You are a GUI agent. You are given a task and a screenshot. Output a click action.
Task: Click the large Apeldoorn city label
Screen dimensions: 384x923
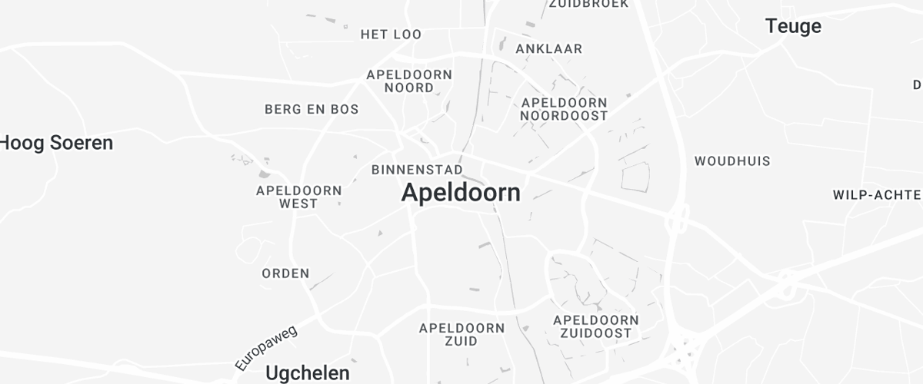461,192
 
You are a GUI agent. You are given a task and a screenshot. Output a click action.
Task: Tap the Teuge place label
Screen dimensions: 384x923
793,26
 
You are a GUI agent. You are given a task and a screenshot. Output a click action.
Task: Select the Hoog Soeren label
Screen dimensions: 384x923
57,142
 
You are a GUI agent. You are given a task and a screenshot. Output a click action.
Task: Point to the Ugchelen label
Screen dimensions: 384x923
308,372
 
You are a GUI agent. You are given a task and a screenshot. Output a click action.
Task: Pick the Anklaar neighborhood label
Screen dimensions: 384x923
548,48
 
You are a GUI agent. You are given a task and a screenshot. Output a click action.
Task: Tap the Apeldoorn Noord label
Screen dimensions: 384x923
409,81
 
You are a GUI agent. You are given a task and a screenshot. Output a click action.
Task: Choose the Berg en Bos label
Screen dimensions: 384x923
312,109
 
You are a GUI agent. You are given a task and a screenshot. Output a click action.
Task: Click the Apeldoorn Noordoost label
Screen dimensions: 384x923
564,109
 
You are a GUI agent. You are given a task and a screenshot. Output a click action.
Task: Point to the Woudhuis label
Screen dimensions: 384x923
732,161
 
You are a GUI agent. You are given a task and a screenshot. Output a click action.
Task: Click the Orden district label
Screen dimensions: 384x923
285,273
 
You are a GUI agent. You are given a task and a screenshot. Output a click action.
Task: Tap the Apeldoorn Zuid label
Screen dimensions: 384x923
461,334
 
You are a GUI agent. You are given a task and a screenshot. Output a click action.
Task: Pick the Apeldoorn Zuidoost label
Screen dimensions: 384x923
595,326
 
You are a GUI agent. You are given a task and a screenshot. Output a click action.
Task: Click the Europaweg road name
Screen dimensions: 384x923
266,348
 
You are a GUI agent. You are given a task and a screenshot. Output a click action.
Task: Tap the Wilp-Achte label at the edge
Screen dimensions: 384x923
877,195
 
